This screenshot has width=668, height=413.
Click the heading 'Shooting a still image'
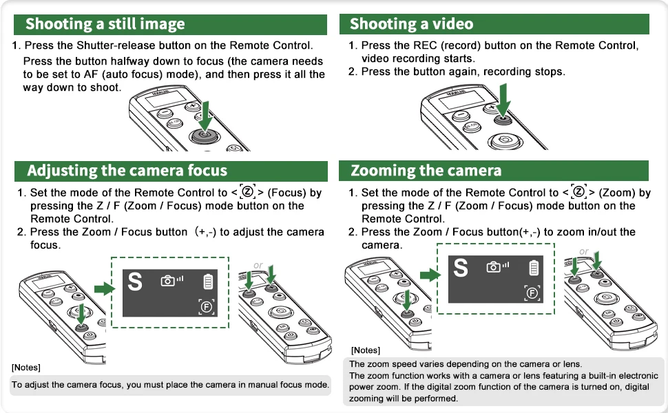(105, 24)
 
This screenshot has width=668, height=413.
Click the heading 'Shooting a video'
(412, 24)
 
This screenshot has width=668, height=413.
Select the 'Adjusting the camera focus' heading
(127, 171)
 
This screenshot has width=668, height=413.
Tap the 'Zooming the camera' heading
(426, 171)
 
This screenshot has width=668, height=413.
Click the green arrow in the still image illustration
(205, 116)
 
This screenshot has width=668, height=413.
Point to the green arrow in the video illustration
(503, 100)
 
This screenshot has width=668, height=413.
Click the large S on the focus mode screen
(134, 282)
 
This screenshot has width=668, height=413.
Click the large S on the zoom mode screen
(461, 268)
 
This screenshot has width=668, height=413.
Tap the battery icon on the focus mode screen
(208, 282)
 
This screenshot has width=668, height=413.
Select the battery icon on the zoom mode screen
(534, 268)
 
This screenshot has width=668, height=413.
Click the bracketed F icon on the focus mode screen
(206, 307)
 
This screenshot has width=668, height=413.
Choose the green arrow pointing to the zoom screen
(430, 275)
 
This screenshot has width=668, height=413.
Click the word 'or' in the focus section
(258, 265)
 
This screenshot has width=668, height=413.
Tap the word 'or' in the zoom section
(584, 252)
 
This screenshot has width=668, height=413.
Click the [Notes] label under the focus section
(26, 368)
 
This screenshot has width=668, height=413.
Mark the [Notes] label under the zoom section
(366, 350)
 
